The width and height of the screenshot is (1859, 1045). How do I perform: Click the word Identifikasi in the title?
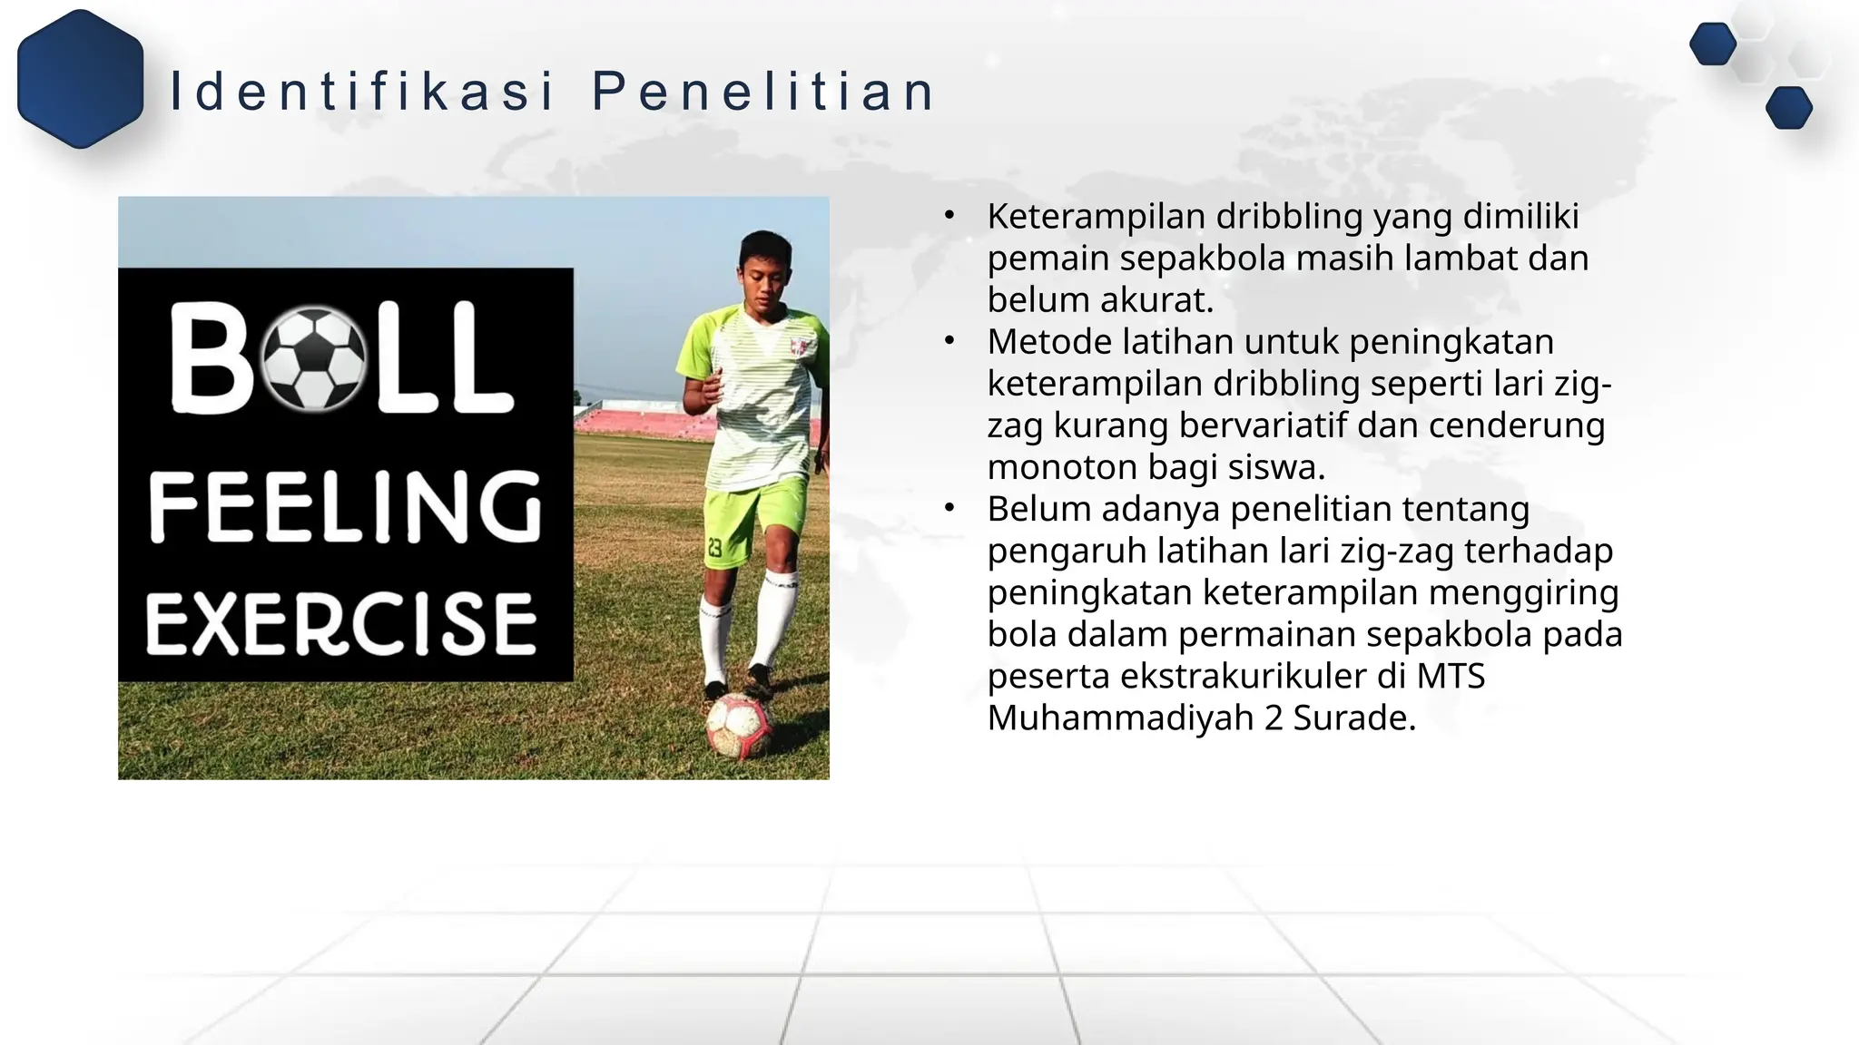point(361,92)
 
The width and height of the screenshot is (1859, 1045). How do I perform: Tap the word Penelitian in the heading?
point(763,92)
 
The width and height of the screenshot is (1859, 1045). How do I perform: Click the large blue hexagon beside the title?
point(81,79)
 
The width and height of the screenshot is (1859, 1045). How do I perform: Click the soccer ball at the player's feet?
point(739,726)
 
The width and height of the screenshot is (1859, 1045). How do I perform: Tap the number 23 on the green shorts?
point(714,548)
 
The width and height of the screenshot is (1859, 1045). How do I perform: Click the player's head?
point(765,268)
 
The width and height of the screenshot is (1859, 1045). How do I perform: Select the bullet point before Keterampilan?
point(949,216)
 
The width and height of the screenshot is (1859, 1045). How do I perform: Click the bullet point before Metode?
point(949,341)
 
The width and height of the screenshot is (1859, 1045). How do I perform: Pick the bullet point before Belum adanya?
point(949,508)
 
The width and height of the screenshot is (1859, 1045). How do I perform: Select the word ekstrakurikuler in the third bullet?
point(1243,676)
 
